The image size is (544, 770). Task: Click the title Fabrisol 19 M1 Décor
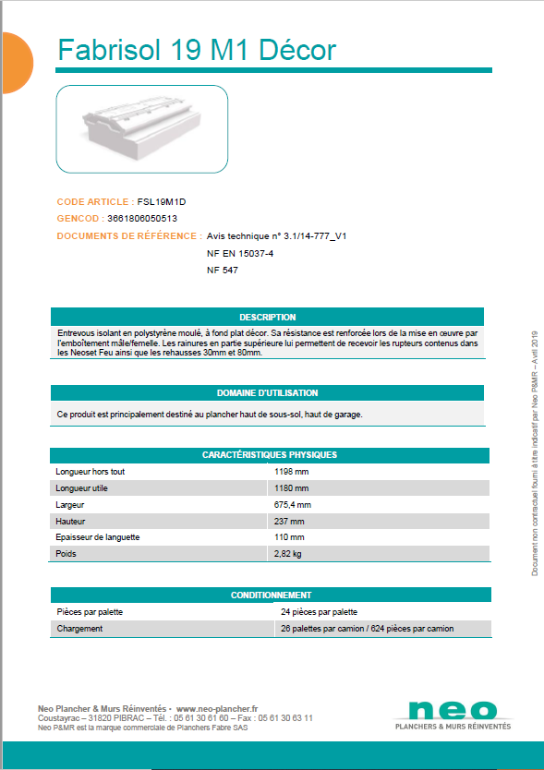197,50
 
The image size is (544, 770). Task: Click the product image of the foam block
142,128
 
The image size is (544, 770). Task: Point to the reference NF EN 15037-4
240,253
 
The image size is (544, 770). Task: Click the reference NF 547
223,271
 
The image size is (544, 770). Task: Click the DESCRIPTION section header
267,317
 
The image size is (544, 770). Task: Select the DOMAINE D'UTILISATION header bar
267,392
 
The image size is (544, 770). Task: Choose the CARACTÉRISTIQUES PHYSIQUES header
269,455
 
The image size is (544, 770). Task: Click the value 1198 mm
292,472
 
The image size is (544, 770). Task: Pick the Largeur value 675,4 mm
293,505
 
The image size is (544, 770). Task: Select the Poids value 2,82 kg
288,554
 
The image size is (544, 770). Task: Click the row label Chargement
79,629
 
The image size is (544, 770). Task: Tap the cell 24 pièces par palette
319,612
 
